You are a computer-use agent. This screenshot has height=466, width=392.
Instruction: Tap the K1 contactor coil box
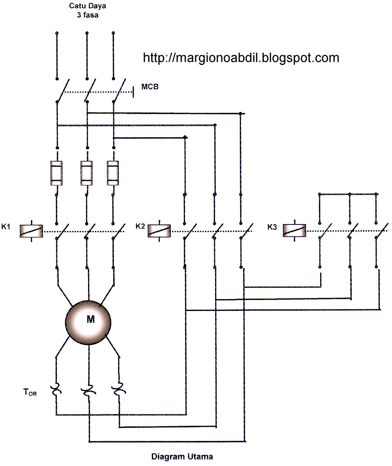(31, 231)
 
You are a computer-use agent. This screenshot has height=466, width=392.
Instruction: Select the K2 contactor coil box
(159, 230)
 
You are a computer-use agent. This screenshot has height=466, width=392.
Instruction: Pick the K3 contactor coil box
(294, 230)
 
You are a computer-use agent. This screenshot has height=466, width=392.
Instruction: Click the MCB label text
(150, 87)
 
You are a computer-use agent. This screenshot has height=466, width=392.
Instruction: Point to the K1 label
(6, 227)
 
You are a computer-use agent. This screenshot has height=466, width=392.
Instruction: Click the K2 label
(140, 227)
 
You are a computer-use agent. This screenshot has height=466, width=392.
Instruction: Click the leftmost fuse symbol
(56, 173)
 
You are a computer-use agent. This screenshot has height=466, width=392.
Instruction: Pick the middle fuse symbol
(86, 173)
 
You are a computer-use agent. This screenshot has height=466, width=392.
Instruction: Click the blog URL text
(241, 58)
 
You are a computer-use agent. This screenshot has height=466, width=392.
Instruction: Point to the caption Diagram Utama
(182, 457)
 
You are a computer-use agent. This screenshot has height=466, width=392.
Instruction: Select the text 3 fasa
(85, 16)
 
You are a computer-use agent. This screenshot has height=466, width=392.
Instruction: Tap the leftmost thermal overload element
(56, 390)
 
